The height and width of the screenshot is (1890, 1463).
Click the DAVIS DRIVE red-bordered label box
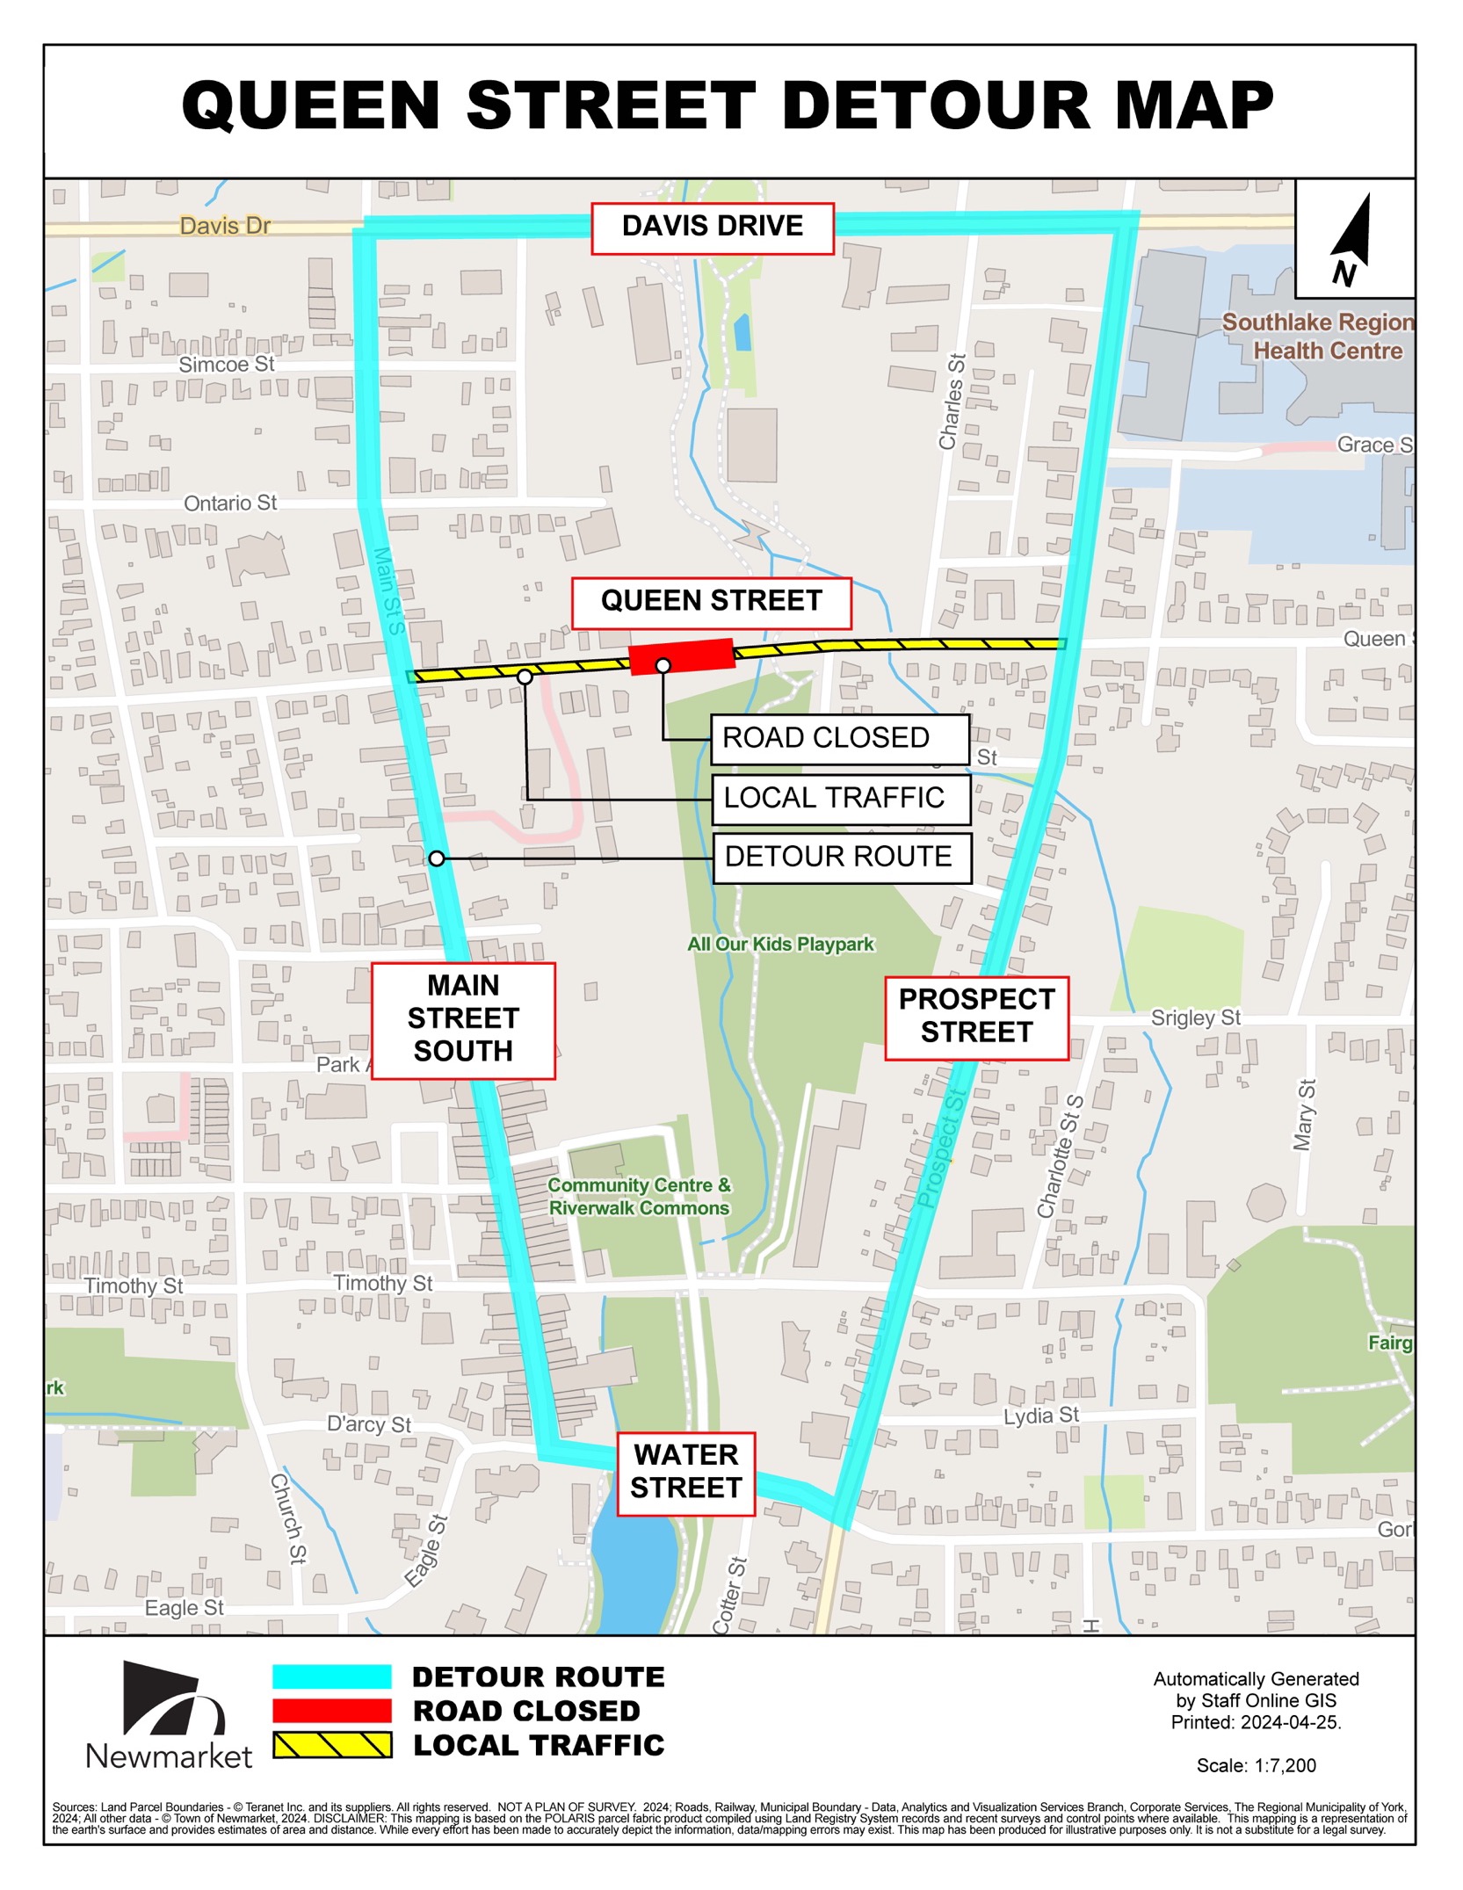[x=712, y=228]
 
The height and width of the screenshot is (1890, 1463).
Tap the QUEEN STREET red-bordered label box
[x=711, y=603]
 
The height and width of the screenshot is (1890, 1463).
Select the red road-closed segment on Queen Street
[x=682, y=656]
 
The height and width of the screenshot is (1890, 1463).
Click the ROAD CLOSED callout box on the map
[x=839, y=738]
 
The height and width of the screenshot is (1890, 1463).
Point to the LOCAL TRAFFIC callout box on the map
[x=841, y=798]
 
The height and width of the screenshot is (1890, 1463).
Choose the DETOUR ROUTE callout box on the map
[x=841, y=857]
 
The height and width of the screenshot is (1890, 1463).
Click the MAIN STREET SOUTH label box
[x=463, y=1019]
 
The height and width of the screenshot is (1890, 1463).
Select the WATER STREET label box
[x=685, y=1473]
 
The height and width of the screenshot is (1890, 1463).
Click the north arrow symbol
[x=1352, y=239]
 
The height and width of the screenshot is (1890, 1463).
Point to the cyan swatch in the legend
[x=331, y=1676]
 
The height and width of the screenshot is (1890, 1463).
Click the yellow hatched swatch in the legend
[x=331, y=1745]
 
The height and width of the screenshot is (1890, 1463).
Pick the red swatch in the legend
[x=331, y=1711]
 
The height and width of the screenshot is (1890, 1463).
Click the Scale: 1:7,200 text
[x=1256, y=1765]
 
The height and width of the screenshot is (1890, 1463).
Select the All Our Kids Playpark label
[x=780, y=945]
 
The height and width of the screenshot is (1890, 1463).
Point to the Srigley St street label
[x=1195, y=1018]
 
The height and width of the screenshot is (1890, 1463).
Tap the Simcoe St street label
[x=226, y=365]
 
